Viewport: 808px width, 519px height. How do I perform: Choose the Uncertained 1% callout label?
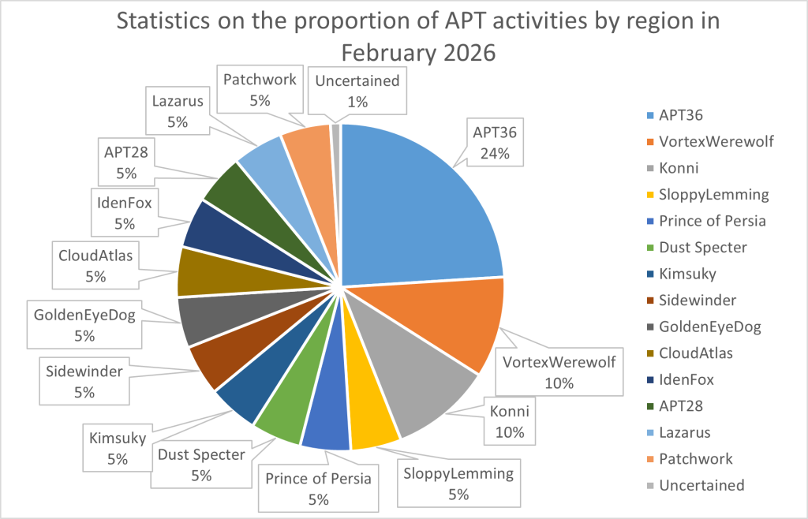(357, 90)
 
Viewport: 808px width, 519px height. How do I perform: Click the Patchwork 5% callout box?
(260, 89)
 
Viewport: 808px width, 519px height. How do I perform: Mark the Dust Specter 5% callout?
(200, 464)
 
